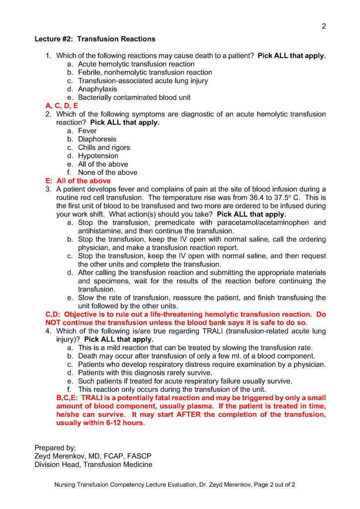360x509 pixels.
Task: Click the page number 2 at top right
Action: (324, 26)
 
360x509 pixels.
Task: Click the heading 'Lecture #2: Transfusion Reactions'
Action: (95, 39)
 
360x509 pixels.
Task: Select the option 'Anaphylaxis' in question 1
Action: (97, 89)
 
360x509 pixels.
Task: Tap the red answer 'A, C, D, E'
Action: (62, 106)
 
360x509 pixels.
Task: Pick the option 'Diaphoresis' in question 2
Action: (97, 139)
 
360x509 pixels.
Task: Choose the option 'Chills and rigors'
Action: (104, 148)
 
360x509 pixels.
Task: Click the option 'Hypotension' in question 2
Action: (98, 156)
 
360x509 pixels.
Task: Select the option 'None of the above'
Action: (107, 172)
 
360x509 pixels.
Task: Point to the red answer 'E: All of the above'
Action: (78, 181)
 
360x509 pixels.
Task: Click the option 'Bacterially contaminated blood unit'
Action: (134, 97)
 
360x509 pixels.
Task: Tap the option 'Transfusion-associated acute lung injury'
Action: (143, 81)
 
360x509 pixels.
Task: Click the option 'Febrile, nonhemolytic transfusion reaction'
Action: (145, 73)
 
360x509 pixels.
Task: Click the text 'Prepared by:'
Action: (55, 448)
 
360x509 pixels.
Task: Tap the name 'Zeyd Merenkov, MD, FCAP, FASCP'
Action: (93, 456)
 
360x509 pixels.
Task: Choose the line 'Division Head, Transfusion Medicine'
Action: (93, 465)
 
